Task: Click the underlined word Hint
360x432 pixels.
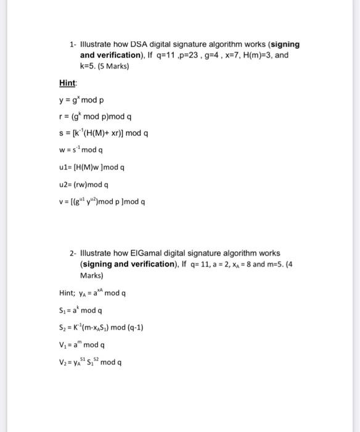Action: pyautogui.click(x=68, y=83)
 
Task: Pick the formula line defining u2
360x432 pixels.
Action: pyautogui.click(x=84, y=184)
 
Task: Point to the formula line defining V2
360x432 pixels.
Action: pyautogui.click(x=91, y=362)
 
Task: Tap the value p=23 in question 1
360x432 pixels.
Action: pyautogui.click(x=203, y=55)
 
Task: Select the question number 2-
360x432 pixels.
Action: pyautogui.click(x=73, y=253)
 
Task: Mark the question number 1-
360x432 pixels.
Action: pyautogui.click(x=73, y=44)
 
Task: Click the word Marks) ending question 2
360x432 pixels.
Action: pyautogui.click(x=92, y=275)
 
